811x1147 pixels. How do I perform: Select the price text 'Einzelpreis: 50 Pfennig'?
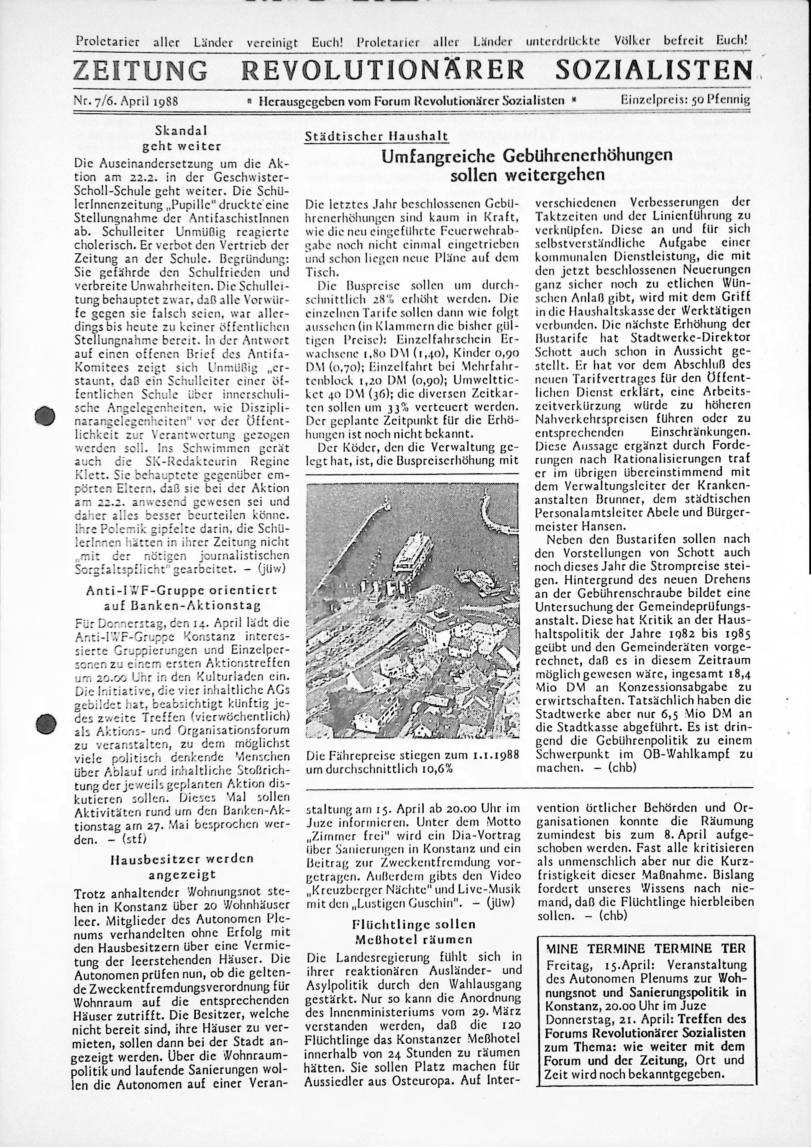click(685, 100)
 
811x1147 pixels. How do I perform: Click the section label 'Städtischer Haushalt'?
click(376, 136)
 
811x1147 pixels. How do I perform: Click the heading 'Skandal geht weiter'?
click(181, 138)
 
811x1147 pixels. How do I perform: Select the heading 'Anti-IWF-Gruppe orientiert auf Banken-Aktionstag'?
click(182, 597)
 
